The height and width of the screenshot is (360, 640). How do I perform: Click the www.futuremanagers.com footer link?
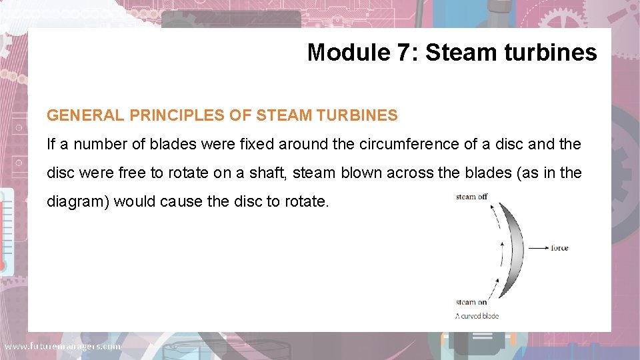click(x=63, y=347)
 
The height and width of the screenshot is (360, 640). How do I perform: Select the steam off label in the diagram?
click(x=472, y=197)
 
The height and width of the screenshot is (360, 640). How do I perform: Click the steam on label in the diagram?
click(x=471, y=303)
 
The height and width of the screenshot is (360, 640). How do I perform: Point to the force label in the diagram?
click(x=559, y=248)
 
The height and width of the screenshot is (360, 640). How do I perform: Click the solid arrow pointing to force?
click(x=537, y=248)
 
